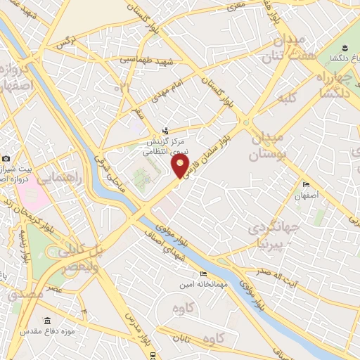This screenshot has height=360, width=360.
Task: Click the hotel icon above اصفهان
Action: tap(306, 185)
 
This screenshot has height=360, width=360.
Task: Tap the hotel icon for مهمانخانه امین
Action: tap(204, 274)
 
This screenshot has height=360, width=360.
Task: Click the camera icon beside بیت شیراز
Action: tap(6, 159)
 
